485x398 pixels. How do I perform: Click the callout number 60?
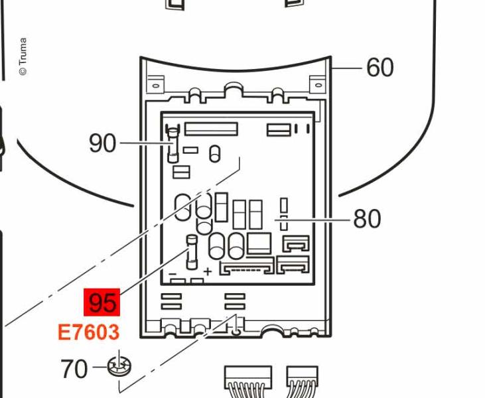pyautogui.click(x=380, y=67)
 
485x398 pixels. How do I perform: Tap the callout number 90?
pyautogui.click(x=102, y=143)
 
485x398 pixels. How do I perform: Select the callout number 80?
pyautogui.click(x=367, y=219)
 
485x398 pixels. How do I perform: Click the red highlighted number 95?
pyautogui.click(x=102, y=302)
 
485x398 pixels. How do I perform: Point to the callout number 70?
pyautogui.click(x=74, y=369)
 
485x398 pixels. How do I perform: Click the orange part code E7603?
pyautogui.click(x=88, y=332)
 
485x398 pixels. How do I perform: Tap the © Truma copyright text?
pyautogui.click(x=23, y=56)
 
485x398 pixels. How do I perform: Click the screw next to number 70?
pyautogui.click(x=119, y=366)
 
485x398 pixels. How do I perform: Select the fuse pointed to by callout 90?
pyautogui.click(x=173, y=143)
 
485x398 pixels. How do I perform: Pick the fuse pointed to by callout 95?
pyautogui.click(x=192, y=252)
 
